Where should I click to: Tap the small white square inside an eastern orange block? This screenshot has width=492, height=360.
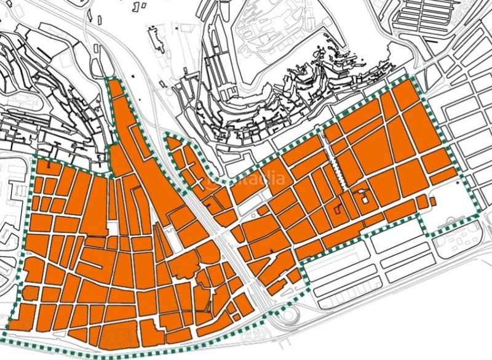[364, 198]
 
